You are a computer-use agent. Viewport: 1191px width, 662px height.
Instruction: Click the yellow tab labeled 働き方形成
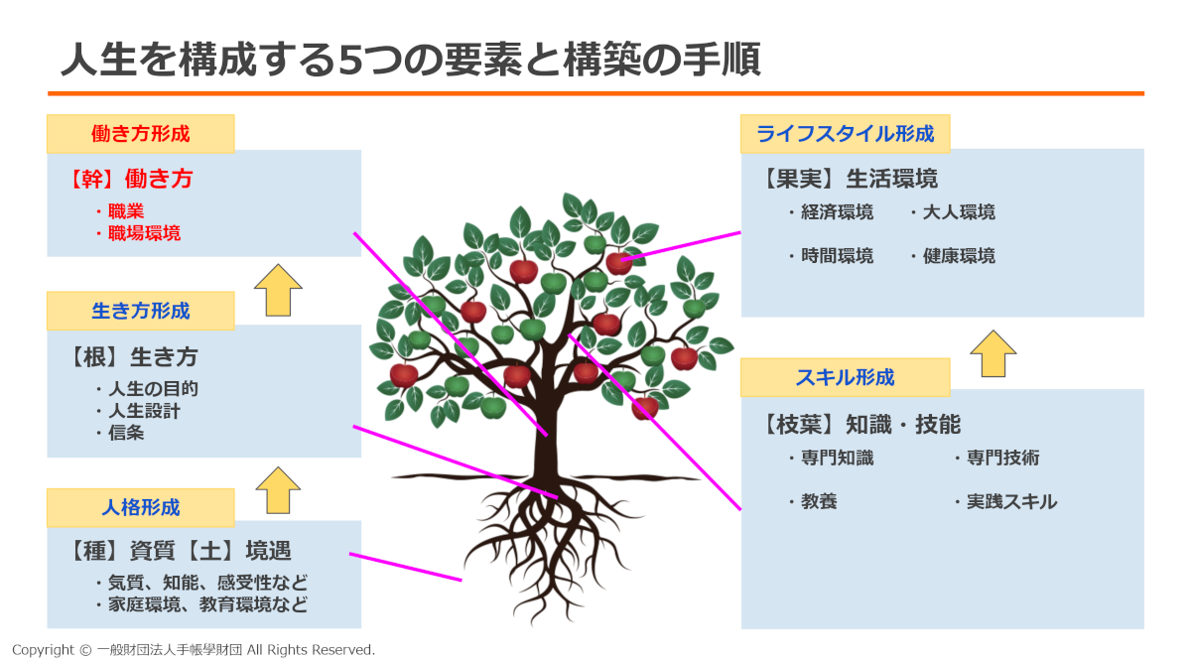pyautogui.click(x=140, y=133)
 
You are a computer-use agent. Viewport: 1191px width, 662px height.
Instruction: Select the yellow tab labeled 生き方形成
pyautogui.click(x=140, y=311)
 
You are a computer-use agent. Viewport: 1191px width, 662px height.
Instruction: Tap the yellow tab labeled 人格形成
pyautogui.click(x=140, y=507)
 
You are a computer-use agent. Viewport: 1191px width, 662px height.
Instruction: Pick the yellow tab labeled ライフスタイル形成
pyautogui.click(x=845, y=133)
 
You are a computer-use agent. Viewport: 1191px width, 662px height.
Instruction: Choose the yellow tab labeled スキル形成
pyautogui.click(x=845, y=377)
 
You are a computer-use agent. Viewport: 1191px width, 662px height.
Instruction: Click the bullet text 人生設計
pyautogui.click(x=144, y=410)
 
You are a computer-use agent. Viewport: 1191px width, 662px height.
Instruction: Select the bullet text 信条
pyautogui.click(x=126, y=433)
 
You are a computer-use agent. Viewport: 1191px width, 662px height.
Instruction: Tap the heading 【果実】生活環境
pyautogui.click(x=850, y=179)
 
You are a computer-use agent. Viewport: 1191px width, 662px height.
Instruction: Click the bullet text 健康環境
pyautogui.click(x=958, y=256)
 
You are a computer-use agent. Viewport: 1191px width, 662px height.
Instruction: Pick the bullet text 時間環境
pyautogui.click(x=837, y=256)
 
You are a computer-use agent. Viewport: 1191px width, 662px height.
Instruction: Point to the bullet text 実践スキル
pyautogui.click(x=1011, y=502)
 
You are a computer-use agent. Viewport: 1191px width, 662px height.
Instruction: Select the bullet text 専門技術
pyautogui.click(x=1002, y=459)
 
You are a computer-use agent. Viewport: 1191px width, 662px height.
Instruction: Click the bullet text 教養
pyautogui.click(x=819, y=502)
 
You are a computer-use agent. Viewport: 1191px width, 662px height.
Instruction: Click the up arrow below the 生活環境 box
pyautogui.click(x=992, y=352)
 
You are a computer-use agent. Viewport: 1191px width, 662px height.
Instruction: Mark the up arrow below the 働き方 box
pyautogui.click(x=278, y=289)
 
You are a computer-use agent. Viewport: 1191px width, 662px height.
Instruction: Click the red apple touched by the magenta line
pyautogui.click(x=618, y=262)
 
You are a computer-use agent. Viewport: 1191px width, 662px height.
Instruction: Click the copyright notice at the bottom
pyautogui.click(x=194, y=650)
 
